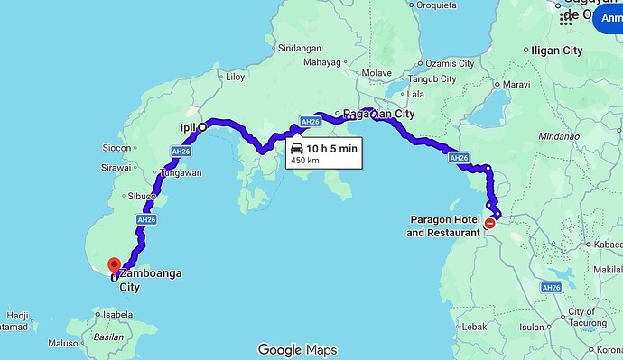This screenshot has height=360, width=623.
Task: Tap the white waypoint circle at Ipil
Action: click(202, 127)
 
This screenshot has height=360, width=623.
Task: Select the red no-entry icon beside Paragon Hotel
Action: click(489, 224)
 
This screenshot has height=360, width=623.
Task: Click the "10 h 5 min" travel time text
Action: click(331, 148)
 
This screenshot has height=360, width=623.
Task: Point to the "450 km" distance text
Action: click(304, 162)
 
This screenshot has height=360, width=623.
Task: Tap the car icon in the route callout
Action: click(296, 148)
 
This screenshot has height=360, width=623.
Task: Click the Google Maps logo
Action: click(297, 349)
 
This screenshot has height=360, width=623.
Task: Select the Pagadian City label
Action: click(379, 115)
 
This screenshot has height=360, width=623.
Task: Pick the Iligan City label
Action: click(557, 51)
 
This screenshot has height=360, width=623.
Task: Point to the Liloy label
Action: click(235, 78)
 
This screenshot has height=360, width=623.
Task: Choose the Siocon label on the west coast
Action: click(117, 147)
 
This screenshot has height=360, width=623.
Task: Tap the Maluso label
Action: click(62, 343)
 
